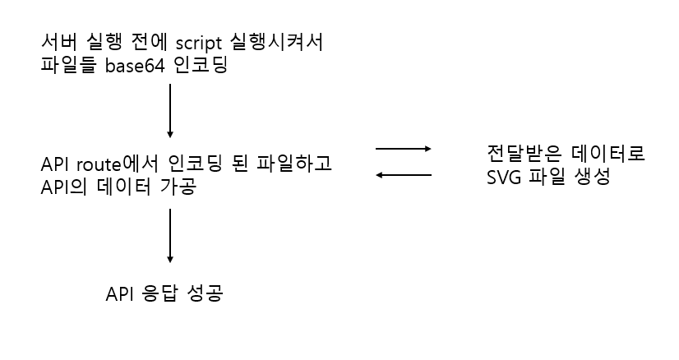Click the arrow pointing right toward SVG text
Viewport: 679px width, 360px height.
click(x=403, y=149)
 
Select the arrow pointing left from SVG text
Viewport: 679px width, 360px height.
click(x=403, y=174)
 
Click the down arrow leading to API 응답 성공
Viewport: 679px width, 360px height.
click(x=169, y=235)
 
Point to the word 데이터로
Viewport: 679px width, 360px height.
click(x=608, y=154)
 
